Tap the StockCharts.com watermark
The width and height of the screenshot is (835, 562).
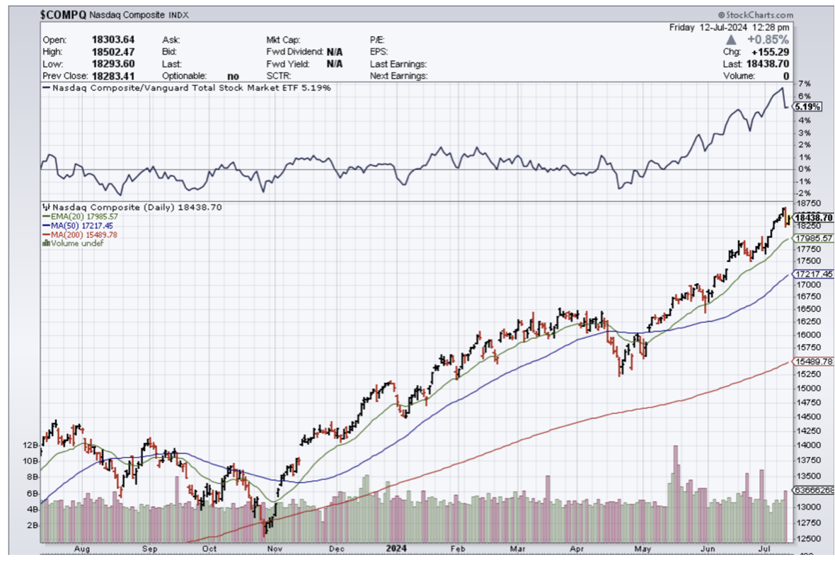[755, 14]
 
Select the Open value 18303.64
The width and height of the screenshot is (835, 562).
[113, 40]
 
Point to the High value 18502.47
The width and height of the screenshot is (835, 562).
[113, 52]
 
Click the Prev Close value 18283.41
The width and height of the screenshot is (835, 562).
[113, 75]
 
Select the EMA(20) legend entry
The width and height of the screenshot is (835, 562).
[81, 216]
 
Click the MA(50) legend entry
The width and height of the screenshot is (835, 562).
[78, 225]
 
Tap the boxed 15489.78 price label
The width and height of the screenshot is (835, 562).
[813, 361]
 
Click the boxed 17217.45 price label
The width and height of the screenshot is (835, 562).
[813, 273]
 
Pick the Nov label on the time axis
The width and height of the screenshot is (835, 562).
[275, 548]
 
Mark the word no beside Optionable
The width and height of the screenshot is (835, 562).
[233, 75]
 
